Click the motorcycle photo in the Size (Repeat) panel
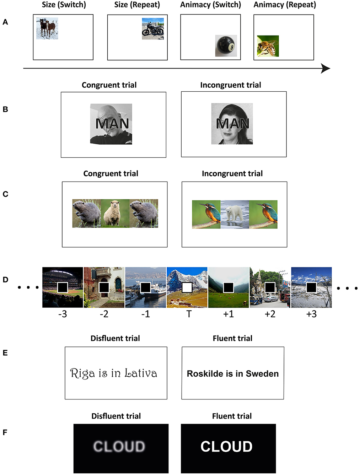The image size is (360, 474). (153, 29)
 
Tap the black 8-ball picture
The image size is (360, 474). (226, 46)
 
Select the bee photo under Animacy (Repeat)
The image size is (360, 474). (268, 46)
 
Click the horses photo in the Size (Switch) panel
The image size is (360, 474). (47, 28)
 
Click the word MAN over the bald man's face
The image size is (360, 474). (112, 124)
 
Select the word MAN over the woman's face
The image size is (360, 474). (233, 124)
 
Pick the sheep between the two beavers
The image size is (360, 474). (115, 214)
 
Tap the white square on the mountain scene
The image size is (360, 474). (187, 287)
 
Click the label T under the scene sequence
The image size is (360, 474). (189, 314)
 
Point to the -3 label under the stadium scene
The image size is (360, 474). (63, 314)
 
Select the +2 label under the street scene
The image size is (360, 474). (270, 314)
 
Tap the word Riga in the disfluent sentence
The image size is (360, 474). (82, 373)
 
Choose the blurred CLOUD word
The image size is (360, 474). (119, 447)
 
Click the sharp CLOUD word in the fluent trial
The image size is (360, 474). (226, 447)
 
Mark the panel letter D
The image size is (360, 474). (5, 280)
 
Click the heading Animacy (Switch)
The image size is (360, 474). (210, 5)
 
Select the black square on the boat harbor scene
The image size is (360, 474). (145, 287)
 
